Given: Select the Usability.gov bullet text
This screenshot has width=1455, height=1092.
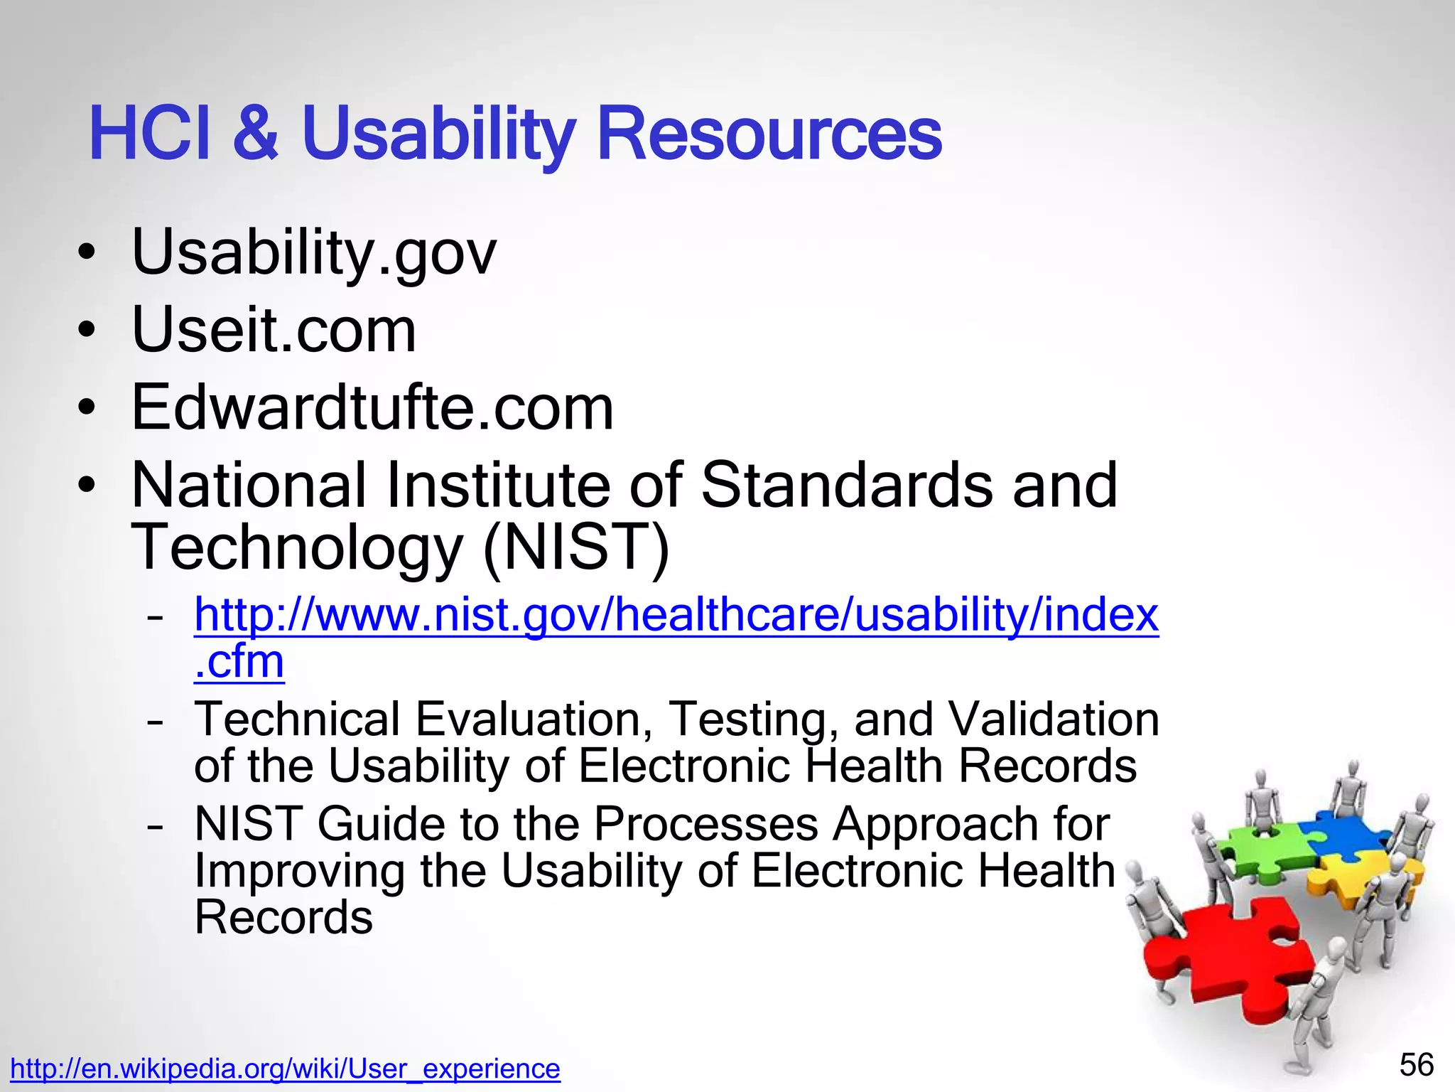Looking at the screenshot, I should point(313,252).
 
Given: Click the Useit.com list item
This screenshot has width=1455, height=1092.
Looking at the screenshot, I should point(274,331).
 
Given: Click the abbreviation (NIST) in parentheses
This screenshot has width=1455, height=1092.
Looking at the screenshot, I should point(575,547).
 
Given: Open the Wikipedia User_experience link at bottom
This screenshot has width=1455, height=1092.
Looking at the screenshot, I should point(285,1069).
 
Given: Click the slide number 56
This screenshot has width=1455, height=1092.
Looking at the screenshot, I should point(1416,1065).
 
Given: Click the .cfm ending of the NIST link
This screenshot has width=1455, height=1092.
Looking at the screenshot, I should point(239,662).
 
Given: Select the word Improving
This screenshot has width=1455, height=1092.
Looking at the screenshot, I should point(299,871).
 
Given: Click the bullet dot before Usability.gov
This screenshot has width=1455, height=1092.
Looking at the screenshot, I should point(87,255).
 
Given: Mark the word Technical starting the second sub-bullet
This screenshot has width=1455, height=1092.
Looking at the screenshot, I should point(297,719).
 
